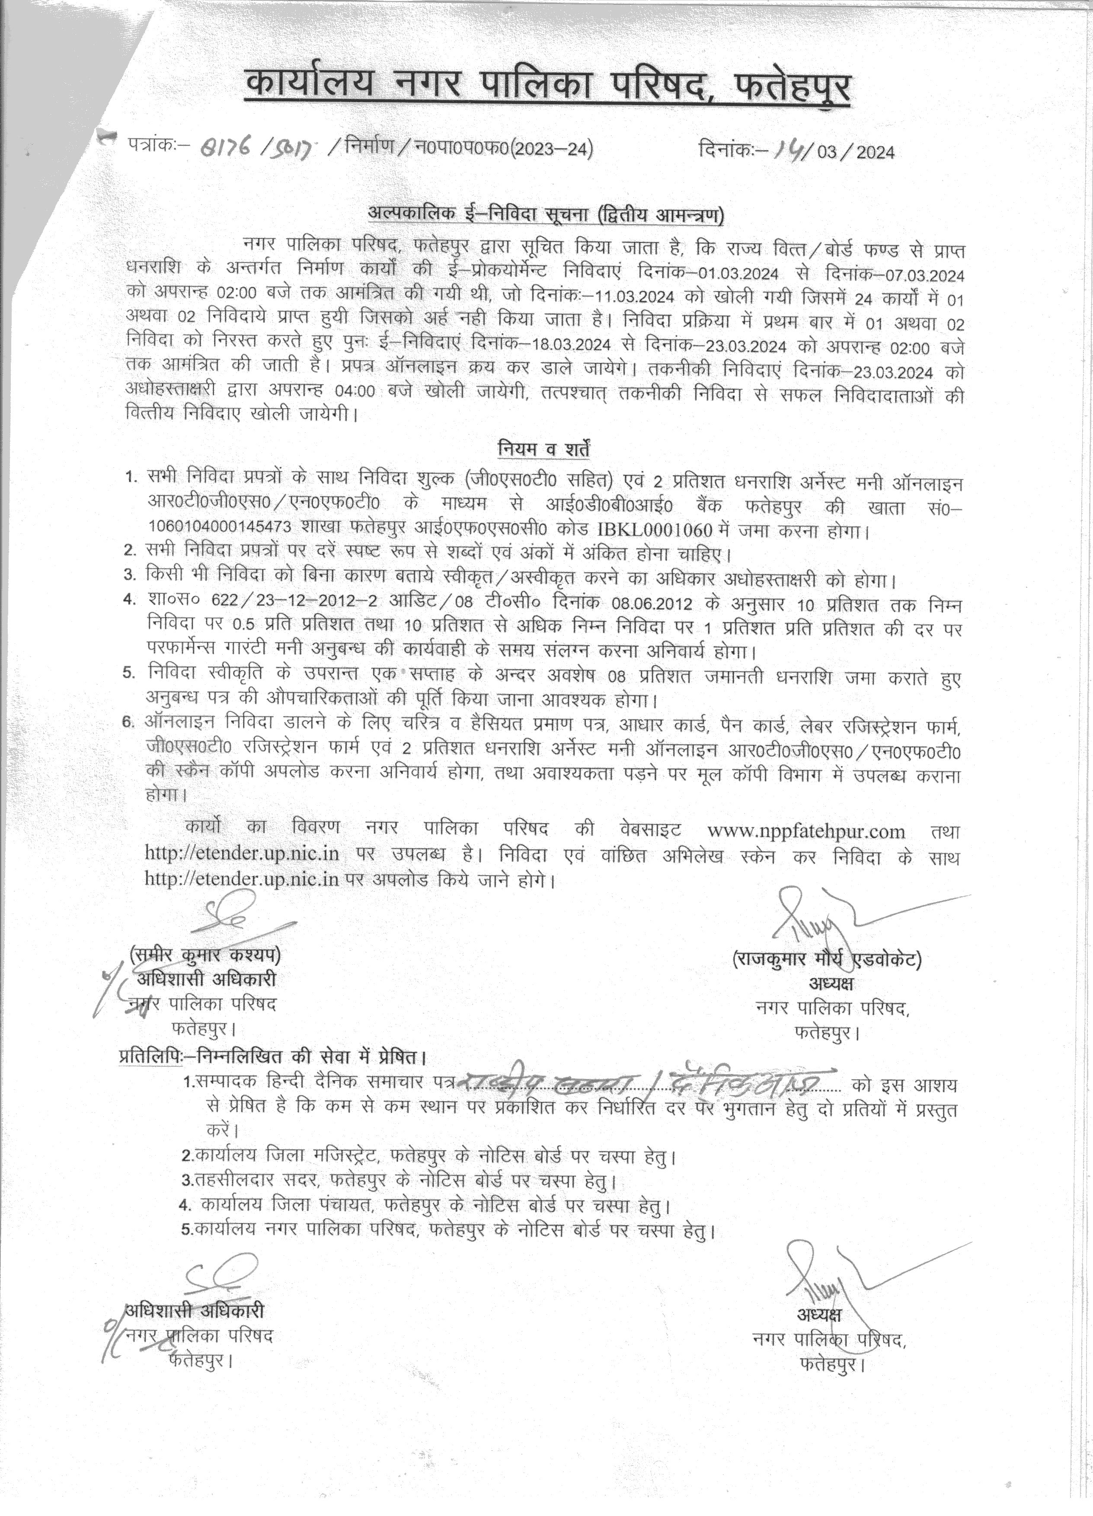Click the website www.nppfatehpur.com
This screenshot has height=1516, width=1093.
(x=805, y=832)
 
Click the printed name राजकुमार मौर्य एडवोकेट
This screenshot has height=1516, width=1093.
(x=827, y=961)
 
